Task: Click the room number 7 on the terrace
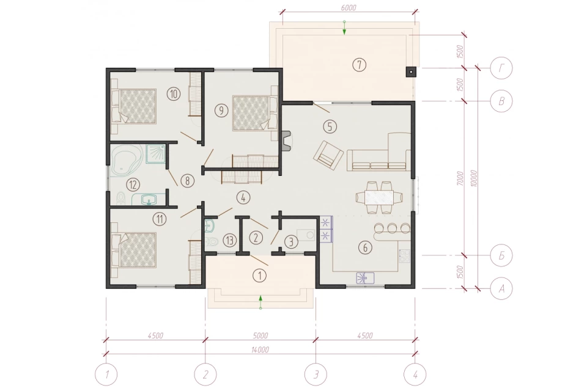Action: [359, 65]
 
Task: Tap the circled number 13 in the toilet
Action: [229, 240]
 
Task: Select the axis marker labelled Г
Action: [501, 68]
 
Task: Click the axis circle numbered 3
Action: [316, 374]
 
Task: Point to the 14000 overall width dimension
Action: [260, 350]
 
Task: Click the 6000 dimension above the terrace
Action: [349, 7]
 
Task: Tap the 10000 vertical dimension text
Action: [474, 178]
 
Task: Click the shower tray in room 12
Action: [155, 155]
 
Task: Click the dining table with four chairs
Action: [379, 197]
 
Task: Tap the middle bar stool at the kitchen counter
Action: [392, 227]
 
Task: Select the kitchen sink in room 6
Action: [364, 278]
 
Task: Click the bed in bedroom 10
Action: [134, 106]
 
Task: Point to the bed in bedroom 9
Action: [254, 113]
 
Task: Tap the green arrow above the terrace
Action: [344, 29]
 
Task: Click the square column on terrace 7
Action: [411, 71]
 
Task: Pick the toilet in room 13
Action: [212, 242]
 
